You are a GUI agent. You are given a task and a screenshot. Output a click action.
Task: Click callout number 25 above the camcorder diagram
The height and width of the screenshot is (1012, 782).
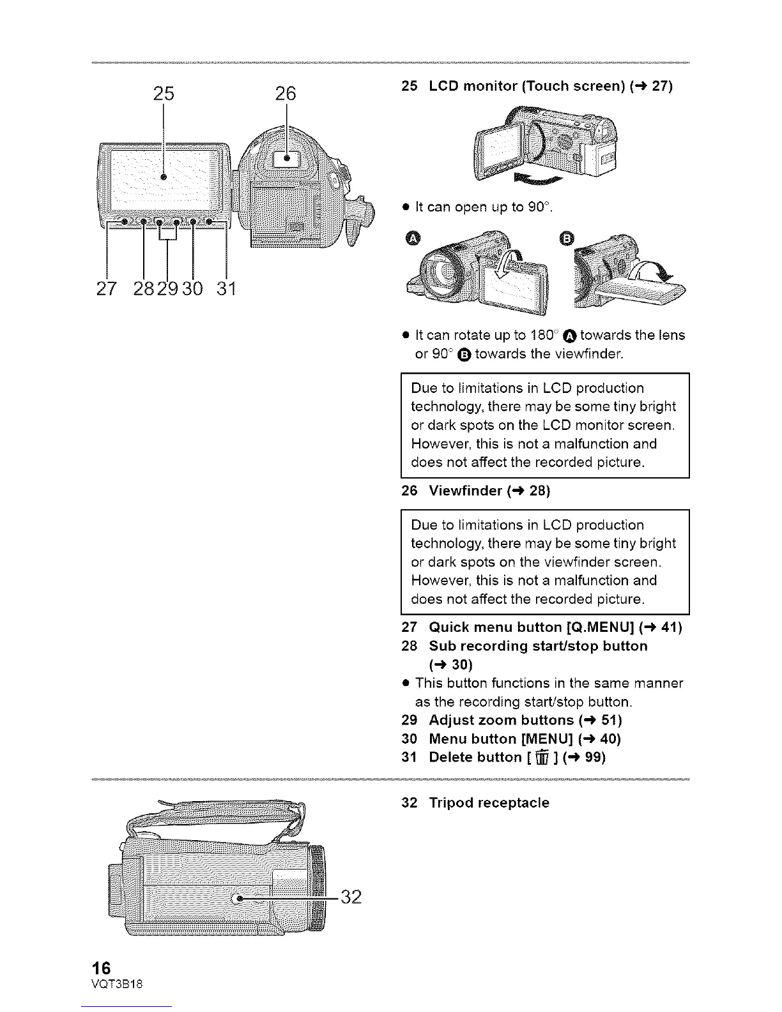[x=164, y=94]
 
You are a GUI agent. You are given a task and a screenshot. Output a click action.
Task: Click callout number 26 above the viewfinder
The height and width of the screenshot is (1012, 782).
[x=286, y=94]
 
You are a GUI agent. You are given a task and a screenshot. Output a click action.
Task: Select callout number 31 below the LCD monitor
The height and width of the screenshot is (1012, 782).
[x=226, y=289]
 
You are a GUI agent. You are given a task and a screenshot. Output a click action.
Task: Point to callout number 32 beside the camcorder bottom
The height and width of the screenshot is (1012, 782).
[x=351, y=897]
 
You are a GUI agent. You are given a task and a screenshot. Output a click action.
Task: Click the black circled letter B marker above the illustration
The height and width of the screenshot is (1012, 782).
[x=567, y=239]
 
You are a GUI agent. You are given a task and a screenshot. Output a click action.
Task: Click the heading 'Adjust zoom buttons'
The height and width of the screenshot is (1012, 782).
[x=501, y=720]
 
